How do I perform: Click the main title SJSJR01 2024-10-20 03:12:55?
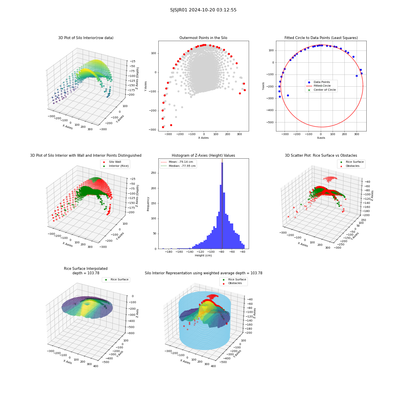click(x=203, y=10)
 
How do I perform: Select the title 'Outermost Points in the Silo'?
click(x=203, y=38)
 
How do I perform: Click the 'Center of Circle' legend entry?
click(x=322, y=90)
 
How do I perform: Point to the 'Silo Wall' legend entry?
click(x=112, y=162)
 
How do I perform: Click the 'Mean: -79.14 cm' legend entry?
click(x=177, y=162)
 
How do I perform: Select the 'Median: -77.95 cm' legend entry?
click(x=179, y=166)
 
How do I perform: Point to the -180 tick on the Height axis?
click(x=169, y=252)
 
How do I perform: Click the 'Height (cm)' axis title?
click(x=203, y=256)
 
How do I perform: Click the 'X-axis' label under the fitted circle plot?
click(x=321, y=138)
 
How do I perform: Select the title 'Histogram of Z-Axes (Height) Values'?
click(x=203, y=155)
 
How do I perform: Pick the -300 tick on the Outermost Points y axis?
click(x=153, y=130)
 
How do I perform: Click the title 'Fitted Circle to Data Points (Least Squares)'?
click(x=321, y=38)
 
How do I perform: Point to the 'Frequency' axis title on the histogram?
click(x=148, y=204)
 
